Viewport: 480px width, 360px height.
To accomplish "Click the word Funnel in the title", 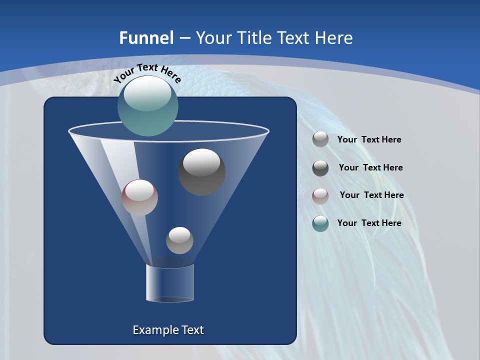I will (146, 38).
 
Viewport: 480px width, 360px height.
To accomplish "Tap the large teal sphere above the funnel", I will (148, 106).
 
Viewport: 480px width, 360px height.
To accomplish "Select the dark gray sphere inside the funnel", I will (202, 172).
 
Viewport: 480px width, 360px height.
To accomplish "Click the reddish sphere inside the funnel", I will (139, 197).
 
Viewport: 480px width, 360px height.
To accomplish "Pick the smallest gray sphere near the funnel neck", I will (179, 240).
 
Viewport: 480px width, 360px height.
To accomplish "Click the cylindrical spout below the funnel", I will (170, 282).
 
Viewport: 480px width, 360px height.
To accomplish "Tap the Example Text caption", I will (168, 330).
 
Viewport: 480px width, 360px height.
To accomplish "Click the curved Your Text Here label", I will (147, 73).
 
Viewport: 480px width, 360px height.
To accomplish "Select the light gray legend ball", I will (320, 139).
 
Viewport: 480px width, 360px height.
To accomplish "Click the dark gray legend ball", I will (320, 168).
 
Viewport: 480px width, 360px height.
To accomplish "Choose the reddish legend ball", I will (320, 196).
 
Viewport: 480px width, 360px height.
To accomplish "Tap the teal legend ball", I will (320, 223).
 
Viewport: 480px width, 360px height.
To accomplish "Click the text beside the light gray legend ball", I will (369, 140).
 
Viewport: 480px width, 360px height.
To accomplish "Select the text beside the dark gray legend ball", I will (370, 168).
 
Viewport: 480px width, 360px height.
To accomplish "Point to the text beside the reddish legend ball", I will (371, 195).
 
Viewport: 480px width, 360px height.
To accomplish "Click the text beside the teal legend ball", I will (369, 223).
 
